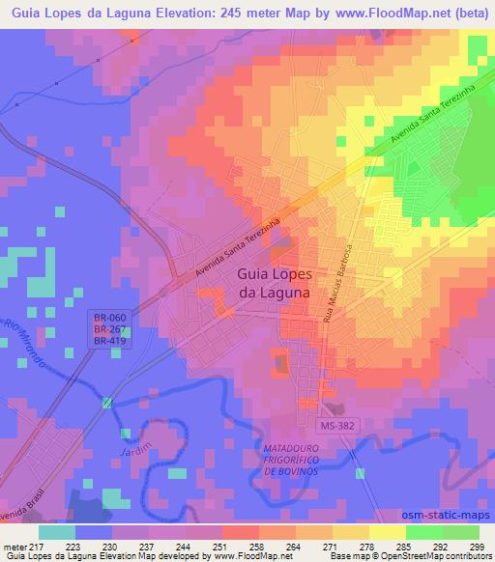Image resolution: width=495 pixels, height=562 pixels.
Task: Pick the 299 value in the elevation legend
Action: pos(477,546)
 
